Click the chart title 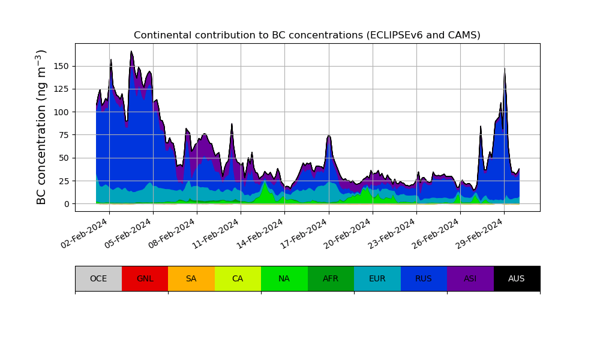pyautogui.click(x=307, y=35)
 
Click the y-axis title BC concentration pyautogui.click(x=41, y=127)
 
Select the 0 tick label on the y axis pyautogui.click(x=67, y=204)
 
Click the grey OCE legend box pyautogui.click(x=98, y=278)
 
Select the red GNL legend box pyautogui.click(x=145, y=278)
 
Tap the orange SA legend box pyautogui.click(x=191, y=278)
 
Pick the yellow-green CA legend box pyautogui.click(x=238, y=278)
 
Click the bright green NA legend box pyautogui.click(x=284, y=278)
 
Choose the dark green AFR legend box pyautogui.click(x=331, y=278)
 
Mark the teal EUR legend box pyautogui.click(x=377, y=278)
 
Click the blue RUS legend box pyautogui.click(x=424, y=278)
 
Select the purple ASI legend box pyautogui.click(x=470, y=278)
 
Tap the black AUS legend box pyautogui.click(x=517, y=278)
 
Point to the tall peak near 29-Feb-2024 pyautogui.click(x=505, y=70)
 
